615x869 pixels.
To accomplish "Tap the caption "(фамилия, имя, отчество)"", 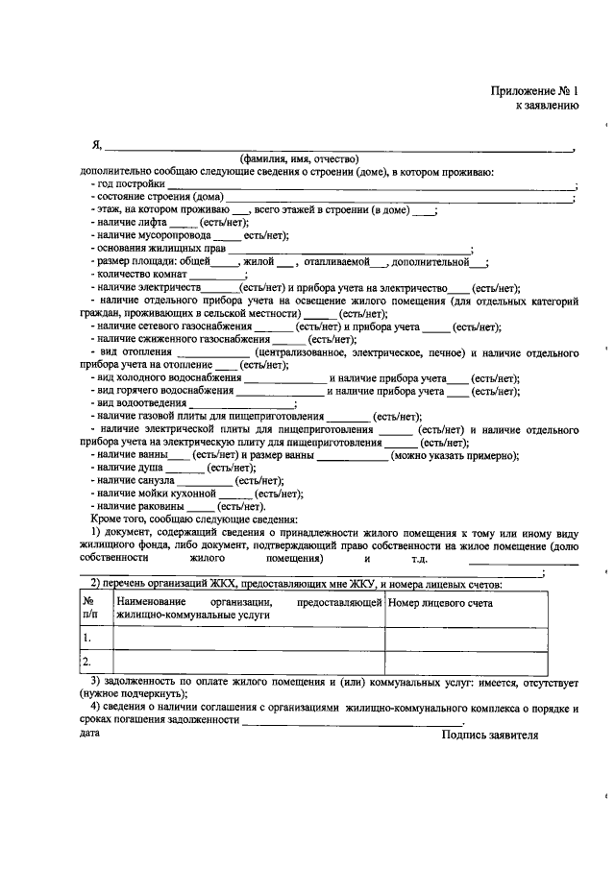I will point(299,158).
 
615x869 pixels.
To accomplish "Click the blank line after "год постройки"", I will point(370,183).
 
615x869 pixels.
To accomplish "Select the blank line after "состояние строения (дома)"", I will point(399,197).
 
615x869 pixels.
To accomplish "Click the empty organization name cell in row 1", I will point(248,638).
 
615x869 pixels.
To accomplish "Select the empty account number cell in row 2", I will point(467,662).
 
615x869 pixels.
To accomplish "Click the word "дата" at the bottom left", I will point(88,733).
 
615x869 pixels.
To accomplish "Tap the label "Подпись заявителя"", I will point(489,735).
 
